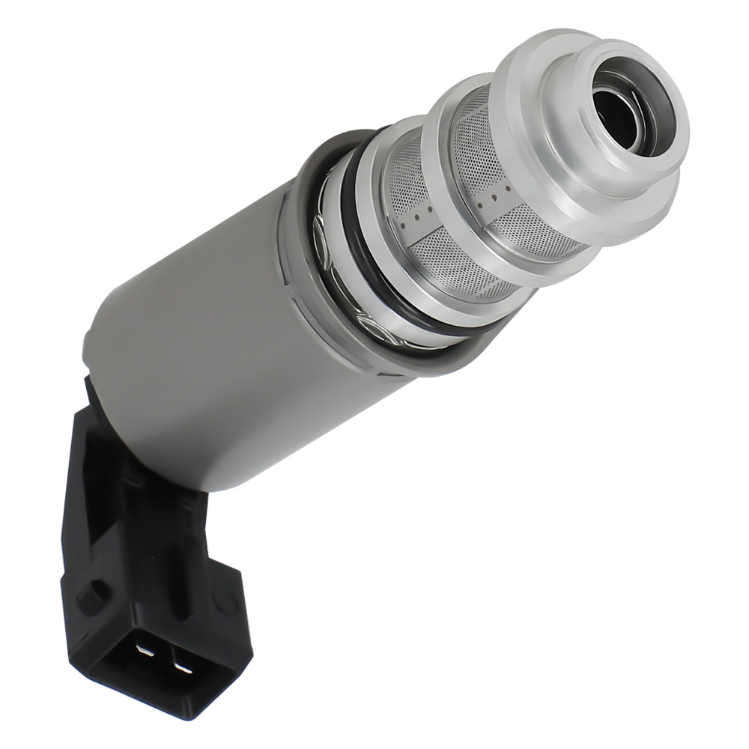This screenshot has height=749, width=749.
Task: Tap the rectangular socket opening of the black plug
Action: (161, 659)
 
